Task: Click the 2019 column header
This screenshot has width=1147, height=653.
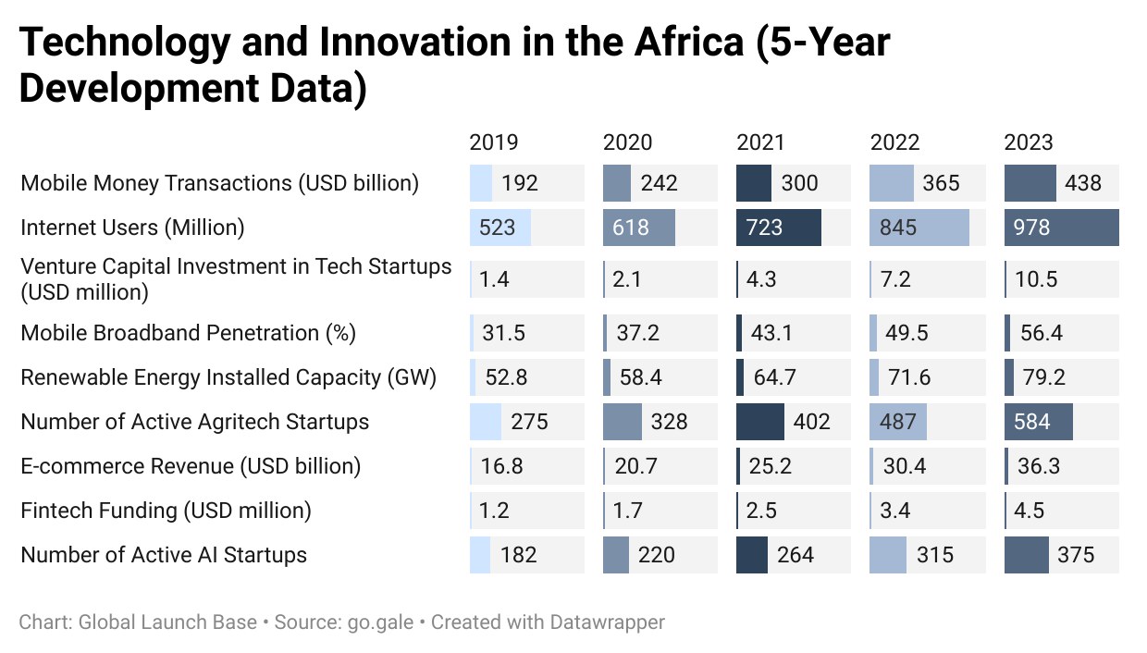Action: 494,142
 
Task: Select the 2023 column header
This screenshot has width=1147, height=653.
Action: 1029,142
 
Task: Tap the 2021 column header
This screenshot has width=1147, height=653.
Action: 760,142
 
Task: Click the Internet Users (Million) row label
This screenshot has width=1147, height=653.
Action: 132,228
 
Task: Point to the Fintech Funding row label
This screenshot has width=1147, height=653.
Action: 166,511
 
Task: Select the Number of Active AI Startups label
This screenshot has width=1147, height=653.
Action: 164,555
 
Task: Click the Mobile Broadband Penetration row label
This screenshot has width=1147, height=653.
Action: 188,333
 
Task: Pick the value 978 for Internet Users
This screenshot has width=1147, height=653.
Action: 1031,228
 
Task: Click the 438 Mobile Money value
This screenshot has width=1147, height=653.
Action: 1083,183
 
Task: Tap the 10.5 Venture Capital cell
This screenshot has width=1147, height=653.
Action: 1036,279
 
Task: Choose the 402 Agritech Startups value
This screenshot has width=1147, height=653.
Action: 811,422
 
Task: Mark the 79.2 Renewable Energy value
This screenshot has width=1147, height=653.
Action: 1044,377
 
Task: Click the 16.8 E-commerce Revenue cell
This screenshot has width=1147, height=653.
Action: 501,466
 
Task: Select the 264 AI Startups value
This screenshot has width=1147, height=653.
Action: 795,555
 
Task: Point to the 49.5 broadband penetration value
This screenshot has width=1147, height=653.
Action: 906,333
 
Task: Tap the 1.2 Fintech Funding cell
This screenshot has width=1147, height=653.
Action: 494,511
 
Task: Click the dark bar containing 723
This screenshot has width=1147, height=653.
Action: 778,228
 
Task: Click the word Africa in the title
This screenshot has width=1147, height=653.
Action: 689,42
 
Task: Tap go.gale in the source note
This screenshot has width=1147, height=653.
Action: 380,623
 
